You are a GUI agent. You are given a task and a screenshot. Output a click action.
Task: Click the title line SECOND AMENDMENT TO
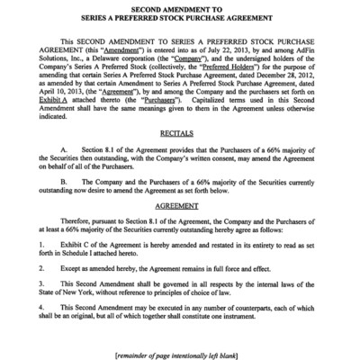tap(180, 10)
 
